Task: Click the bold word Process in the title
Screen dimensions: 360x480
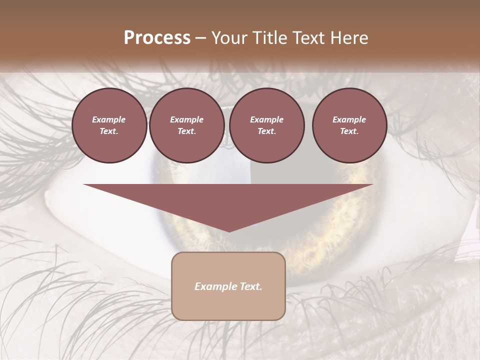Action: click(x=157, y=38)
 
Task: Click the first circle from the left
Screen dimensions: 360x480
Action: click(x=109, y=125)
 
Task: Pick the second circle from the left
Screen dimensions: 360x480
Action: click(x=187, y=125)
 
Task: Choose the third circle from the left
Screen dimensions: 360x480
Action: click(x=267, y=125)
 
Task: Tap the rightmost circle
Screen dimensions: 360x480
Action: click(x=349, y=125)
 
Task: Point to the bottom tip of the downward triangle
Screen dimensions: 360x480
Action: click(x=229, y=231)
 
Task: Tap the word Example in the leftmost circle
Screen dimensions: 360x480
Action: click(x=109, y=119)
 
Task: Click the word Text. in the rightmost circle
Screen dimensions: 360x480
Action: click(x=349, y=131)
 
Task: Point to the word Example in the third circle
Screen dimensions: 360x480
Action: click(x=267, y=119)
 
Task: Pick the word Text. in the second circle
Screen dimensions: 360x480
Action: click(x=187, y=131)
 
